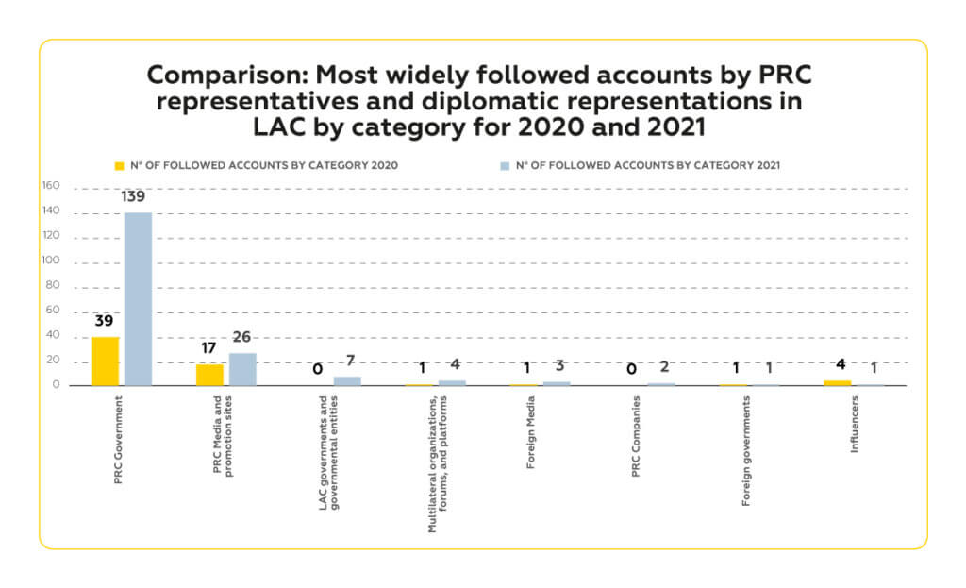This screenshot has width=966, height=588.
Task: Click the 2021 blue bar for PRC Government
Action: pos(138,298)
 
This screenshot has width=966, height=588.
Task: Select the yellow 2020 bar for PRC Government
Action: pos(105,361)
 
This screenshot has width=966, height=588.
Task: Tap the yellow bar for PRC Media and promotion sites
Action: pos(209,374)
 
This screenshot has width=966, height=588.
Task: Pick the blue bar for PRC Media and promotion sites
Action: pos(242,369)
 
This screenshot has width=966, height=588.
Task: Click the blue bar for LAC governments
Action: pos(347,380)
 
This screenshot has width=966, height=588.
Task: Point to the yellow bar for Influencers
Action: pos(837,382)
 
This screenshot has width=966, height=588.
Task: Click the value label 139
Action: pos(138,196)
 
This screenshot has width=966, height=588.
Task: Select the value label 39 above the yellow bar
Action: pos(104,320)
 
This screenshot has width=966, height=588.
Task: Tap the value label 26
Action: pos(241,336)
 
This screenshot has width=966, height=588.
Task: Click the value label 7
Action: pos(349,360)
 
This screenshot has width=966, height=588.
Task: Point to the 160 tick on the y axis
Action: pos(51,186)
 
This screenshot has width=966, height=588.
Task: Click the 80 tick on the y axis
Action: pos(54,285)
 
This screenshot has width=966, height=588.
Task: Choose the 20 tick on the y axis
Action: pos(54,360)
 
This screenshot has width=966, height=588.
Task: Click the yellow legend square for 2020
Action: pos(120,165)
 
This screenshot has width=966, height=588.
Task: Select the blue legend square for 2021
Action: pos(506,165)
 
